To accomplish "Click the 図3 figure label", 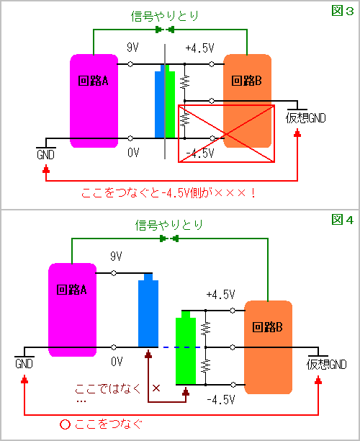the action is tap(342, 11).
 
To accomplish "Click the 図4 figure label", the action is tap(342, 220).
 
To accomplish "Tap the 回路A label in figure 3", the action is tap(93, 81).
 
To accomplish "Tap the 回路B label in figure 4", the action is tap(267, 327).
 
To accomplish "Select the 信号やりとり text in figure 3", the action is tap(165, 17).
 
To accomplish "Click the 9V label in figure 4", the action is tap(117, 257).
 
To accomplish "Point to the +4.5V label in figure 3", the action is tap(200, 48).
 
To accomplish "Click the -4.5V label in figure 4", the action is tap(221, 399).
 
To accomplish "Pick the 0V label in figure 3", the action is tap(133, 153).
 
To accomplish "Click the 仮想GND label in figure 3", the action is tap(306, 118).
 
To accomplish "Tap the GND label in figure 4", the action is tap(24, 364).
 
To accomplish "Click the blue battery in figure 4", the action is tap(148, 311).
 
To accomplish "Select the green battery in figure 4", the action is tap(186, 347).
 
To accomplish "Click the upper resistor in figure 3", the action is tap(184, 81).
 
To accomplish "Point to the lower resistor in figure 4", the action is tap(206, 366).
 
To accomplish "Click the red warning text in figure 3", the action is tap(168, 193).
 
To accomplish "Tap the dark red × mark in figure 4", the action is tap(156, 388).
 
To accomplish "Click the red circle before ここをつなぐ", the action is tap(65, 424).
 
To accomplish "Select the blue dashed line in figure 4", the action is tap(181, 347).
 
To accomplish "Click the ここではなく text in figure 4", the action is tap(107, 388).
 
